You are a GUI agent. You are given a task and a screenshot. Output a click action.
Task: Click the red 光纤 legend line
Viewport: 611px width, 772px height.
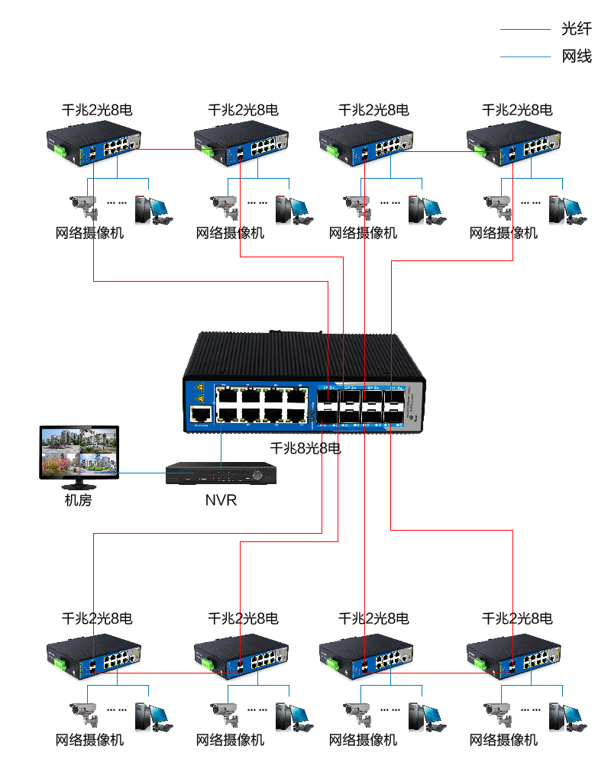coord(525,29)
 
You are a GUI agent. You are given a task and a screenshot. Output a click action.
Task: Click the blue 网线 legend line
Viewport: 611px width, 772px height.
coord(525,57)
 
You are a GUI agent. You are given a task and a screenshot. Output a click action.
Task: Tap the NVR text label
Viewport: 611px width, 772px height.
coord(221,501)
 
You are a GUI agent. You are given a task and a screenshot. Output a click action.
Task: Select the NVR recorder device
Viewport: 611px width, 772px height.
coord(221,473)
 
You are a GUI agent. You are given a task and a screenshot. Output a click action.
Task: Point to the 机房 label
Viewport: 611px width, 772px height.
coord(78,501)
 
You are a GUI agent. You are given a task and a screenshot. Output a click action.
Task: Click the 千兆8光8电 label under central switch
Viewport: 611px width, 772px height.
coord(305,448)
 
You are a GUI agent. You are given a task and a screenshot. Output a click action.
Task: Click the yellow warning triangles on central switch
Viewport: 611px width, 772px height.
coord(199,392)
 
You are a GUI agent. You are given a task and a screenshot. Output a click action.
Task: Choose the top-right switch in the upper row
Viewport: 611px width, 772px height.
coord(516,144)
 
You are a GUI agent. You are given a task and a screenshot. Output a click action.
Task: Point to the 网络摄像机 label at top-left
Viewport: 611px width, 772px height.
coord(89,233)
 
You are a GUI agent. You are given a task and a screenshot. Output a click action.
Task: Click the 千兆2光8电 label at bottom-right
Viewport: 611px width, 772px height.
coord(517,618)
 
